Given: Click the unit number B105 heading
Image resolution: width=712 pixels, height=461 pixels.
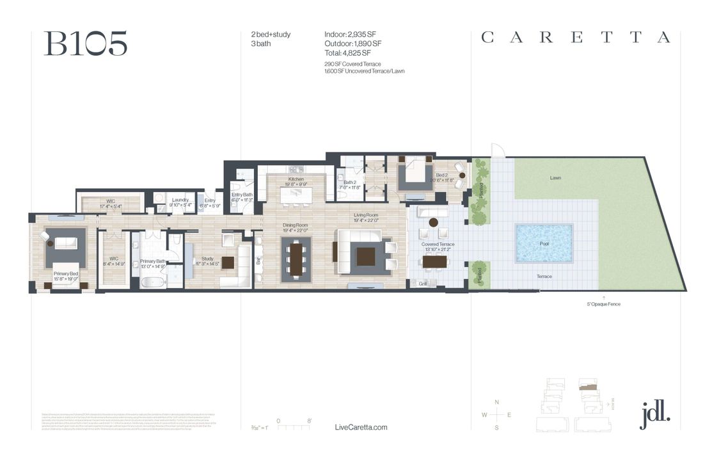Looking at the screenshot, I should tap(85, 43).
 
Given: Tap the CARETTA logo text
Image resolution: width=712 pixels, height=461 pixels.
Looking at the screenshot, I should tap(576, 38).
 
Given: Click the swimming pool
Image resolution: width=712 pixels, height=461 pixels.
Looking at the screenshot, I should tap(544, 243).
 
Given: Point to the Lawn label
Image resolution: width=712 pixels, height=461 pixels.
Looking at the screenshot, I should tap(555, 177).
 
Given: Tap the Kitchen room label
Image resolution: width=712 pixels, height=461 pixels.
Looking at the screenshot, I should tap(296, 179).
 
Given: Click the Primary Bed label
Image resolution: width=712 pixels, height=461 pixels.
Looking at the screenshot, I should tap(65, 273).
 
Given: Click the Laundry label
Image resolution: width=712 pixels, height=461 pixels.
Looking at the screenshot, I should tap(180, 200).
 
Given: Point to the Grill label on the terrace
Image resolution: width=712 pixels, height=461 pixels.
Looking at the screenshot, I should tap(423, 283).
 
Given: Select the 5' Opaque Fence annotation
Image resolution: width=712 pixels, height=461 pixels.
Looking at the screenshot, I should tap(603, 304).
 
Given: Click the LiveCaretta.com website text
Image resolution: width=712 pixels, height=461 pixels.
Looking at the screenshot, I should tap(361, 428).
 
